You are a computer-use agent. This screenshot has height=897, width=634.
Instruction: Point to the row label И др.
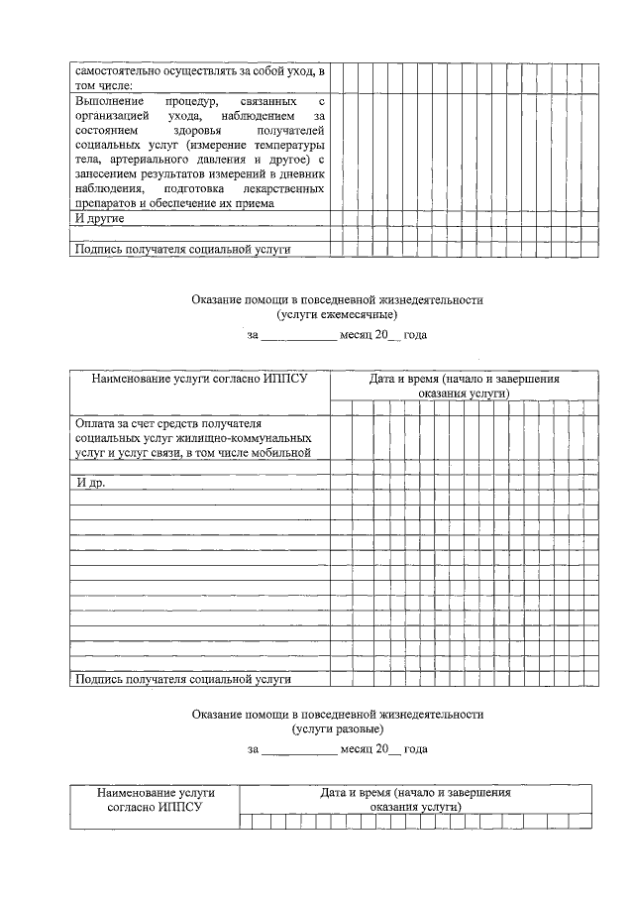[91, 483]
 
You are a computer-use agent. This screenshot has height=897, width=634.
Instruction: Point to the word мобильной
[284, 453]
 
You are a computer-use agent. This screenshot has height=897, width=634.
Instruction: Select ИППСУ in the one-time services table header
[180, 808]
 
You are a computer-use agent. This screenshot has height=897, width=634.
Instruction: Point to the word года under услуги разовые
[416, 749]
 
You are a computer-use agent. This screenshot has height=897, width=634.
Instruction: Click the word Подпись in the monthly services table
[98, 680]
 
